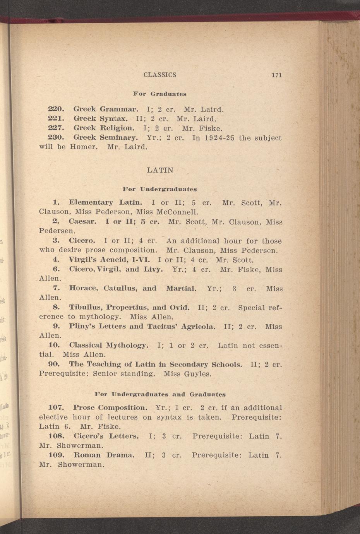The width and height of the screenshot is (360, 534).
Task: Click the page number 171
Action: (276, 75)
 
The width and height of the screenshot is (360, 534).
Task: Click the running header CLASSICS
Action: (160, 75)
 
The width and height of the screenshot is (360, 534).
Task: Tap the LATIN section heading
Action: (160, 170)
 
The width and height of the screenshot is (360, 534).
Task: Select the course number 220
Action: (56, 109)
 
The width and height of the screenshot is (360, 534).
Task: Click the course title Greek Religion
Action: (104, 128)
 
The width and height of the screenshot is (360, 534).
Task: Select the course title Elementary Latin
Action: (106, 202)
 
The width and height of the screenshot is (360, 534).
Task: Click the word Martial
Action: (182, 288)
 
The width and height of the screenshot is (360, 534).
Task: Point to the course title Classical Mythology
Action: (109, 345)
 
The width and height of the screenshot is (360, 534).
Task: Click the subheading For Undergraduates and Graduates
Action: (160, 395)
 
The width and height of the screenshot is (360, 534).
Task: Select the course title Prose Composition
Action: (110, 408)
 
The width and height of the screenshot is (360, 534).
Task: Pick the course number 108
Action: (56, 436)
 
